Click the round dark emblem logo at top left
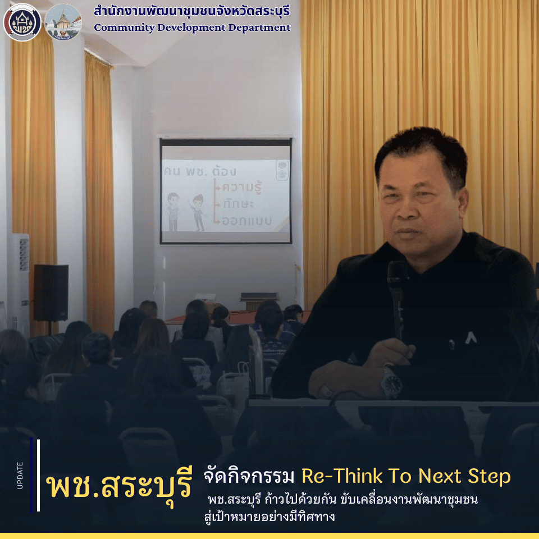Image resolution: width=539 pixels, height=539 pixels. point(22,22)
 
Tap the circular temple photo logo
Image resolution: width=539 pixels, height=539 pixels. point(63,22)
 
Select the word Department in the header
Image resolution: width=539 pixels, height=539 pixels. point(261,28)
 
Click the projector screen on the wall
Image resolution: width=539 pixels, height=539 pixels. point(226,191)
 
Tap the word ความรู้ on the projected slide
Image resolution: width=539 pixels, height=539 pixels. point(245,185)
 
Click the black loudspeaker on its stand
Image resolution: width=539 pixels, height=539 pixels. point(51,293)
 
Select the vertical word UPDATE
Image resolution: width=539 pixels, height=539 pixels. point(20,475)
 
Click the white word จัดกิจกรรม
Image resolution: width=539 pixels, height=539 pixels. point(248,477)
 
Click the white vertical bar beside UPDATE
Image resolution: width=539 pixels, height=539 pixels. point(38,475)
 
